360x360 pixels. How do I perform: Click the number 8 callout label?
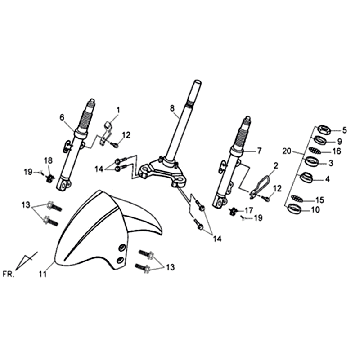172,108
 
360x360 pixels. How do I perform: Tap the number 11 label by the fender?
42,274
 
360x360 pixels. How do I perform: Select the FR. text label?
8,274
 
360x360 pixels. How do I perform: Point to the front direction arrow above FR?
26,261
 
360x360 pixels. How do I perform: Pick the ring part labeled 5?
323,129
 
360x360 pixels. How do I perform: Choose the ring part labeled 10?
294,210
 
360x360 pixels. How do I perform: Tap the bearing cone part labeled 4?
306,177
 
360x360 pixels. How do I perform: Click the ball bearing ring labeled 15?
297,199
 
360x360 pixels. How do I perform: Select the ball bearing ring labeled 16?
315,151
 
